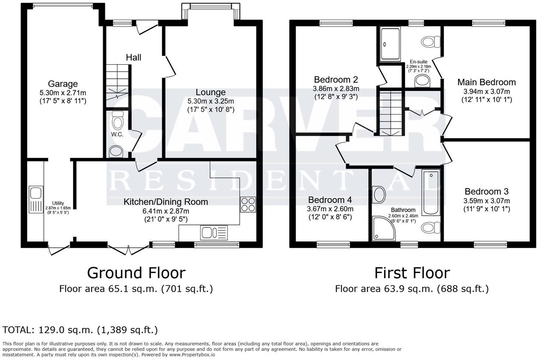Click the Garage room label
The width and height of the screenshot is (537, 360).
(63, 84)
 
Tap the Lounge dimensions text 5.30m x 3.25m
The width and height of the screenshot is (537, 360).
(211, 101)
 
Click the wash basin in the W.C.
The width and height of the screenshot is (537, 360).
(116, 151)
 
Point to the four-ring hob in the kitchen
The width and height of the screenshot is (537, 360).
(248, 204)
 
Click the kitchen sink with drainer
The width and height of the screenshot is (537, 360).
(214, 233)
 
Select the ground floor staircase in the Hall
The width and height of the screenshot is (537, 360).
(117, 83)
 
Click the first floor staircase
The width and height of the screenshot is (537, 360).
(390, 112)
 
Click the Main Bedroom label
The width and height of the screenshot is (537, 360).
(486, 82)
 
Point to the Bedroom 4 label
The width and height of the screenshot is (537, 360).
(330, 200)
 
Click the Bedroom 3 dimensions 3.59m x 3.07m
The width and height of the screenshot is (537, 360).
(486, 201)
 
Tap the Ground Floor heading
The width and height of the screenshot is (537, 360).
(136, 273)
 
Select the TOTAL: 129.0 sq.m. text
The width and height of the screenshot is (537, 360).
(80, 330)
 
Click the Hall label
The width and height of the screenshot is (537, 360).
(134, 58)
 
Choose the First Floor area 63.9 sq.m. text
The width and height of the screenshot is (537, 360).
(412, 289)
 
